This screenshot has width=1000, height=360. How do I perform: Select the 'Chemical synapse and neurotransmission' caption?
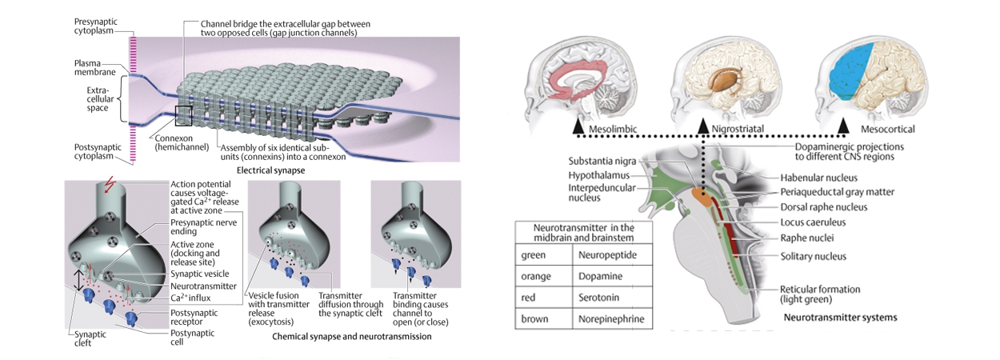point(352,337)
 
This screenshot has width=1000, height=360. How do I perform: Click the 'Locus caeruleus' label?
point(810,222)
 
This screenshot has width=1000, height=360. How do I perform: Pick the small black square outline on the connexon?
point(183,116)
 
